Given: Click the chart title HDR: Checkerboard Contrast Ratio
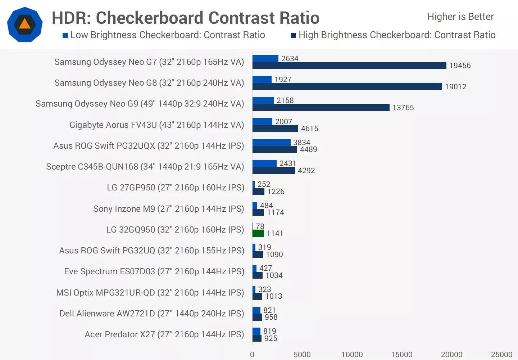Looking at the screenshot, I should click(186, 18).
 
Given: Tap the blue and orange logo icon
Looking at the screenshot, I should click(25, 24).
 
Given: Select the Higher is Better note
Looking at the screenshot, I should click(460, 17).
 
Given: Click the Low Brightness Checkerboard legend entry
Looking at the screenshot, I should click(164, 35).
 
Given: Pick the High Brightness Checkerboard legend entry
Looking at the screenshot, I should click(393, 35).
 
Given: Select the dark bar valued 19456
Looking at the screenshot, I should click(349, 66).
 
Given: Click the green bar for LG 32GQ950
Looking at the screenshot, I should click(258, 233).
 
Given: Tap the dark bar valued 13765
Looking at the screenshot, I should click(321, 108).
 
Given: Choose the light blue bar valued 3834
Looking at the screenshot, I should click(271, 143).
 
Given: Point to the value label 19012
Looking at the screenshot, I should click(455, 87).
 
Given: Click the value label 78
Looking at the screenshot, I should click(260, 226).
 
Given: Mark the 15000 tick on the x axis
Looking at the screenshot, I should click(402, 355).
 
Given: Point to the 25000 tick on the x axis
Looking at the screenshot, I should click(501, 355).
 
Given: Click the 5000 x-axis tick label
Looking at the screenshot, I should click(302, 355).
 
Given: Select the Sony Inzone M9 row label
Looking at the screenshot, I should click(168, 209).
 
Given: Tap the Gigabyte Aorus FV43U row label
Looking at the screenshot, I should click(156, 125).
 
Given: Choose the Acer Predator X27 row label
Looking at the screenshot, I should click(164, 334).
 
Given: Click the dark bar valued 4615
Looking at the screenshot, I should click(275, 129).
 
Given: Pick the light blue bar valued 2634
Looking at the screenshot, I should click(265, 59).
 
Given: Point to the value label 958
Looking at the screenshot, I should click(271, 317).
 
